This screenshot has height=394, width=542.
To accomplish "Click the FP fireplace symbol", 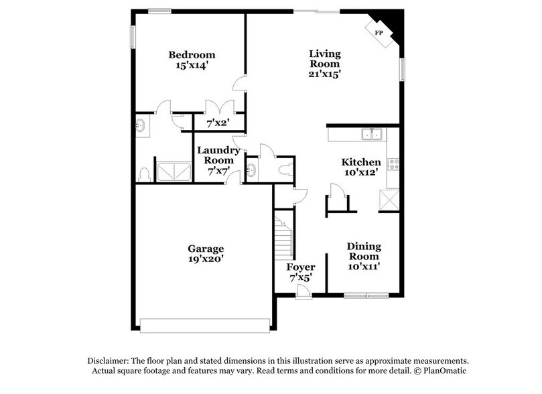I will tap(379, 33).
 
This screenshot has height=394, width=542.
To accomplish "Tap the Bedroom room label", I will tap(192, 54).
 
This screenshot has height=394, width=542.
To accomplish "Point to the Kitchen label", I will tap(361, 162).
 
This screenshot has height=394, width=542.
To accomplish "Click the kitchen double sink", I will tap(371, 135).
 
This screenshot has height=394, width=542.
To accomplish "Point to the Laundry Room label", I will tap(219, 155).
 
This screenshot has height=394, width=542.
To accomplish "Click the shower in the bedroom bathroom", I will tap(174, 170).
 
